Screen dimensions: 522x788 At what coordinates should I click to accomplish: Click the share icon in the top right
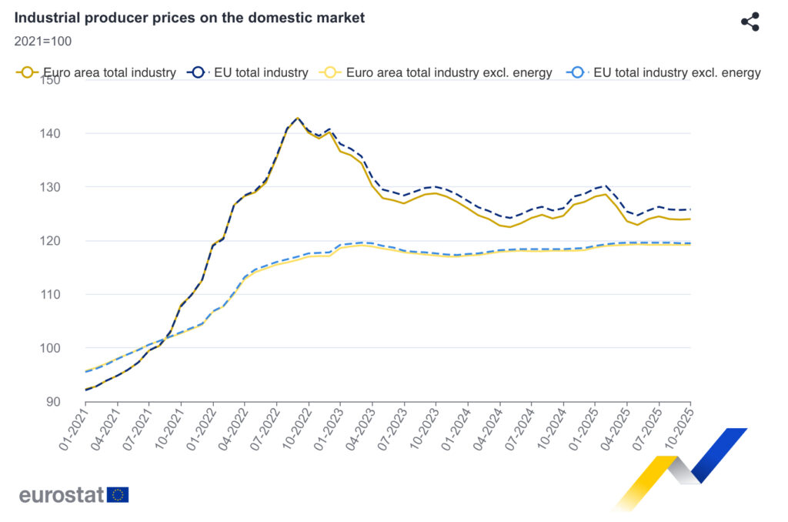[x=750, y=22]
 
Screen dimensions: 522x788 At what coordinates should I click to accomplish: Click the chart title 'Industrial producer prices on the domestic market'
[x=189, y=17]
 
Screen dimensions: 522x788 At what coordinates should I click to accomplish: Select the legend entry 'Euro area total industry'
[x=96, y=72]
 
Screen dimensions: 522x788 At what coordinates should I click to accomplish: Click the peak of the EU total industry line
[x=298, y=118]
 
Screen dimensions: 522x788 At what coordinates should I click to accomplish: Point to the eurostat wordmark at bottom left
[x=61, y=495]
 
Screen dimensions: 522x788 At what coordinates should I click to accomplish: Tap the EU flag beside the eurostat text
[x=119, y=494]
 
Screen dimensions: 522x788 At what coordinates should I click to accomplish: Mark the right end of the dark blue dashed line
[x=690, y=209]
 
